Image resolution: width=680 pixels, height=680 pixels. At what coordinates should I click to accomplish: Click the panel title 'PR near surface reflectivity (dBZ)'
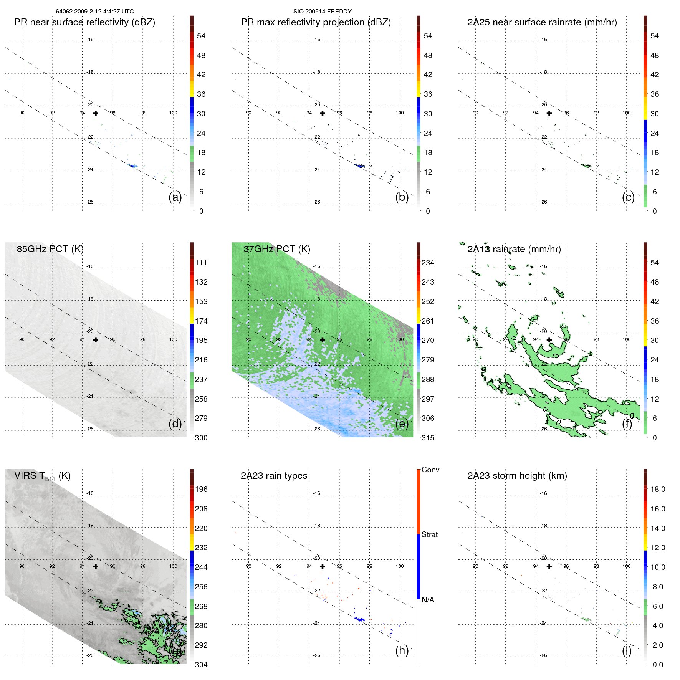[84, 22]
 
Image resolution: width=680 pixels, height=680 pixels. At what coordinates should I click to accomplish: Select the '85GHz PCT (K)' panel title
[50, 249]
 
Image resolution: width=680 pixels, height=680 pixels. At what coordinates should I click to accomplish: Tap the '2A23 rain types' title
[274, 476]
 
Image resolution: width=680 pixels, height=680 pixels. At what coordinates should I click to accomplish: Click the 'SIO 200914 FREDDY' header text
[322, 12]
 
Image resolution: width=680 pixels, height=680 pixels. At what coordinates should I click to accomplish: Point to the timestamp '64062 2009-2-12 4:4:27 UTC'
[95, 12]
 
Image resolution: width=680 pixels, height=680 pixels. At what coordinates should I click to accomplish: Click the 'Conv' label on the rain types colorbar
[430, 470]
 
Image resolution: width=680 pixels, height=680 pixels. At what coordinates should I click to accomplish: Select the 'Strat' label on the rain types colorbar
[429, 534]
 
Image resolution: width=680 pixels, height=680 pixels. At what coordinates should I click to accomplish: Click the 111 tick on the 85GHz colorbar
[201, 263]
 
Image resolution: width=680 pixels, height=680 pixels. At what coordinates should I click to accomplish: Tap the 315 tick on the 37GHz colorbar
[428, 438]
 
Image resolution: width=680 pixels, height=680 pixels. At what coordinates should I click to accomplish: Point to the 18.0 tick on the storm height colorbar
[657, 489]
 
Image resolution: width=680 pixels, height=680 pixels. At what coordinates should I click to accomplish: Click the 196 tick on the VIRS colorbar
[201, 489]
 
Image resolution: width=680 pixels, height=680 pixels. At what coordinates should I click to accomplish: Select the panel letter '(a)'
[175, 197]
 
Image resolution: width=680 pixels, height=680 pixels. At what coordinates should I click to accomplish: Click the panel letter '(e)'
[402, 424]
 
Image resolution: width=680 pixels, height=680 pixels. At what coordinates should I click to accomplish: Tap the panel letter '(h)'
[402, 650]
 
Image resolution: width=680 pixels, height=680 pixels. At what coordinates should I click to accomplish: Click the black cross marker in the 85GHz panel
[96, 340]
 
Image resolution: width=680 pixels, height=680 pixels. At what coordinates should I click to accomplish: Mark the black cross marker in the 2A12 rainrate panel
[549, 340]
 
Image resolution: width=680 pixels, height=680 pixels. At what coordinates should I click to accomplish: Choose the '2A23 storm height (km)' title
[517, 476]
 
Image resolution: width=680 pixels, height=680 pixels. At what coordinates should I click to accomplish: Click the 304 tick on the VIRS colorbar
[201, 665]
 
